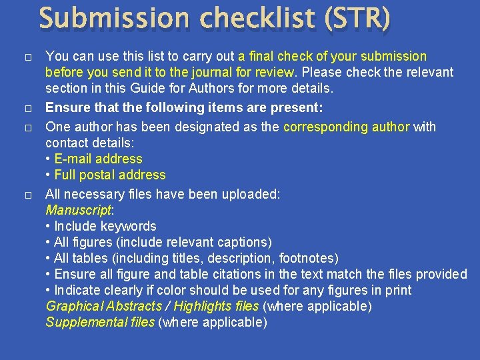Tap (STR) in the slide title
point(357,19)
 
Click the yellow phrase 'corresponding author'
point(347,127)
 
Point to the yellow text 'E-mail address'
point(98,159)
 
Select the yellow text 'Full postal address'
point(109,175)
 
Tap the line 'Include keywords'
point(105,226)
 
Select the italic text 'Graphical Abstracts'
point(103,306)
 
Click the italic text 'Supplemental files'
point(99,322)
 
